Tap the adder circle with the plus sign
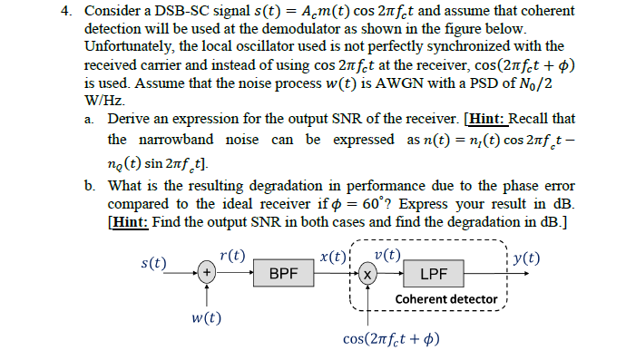coord(208,271)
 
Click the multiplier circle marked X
coord(366,272)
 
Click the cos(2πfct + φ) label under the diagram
coord(391,339)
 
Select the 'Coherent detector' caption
coord(445,298)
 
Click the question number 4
coord(66,11)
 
